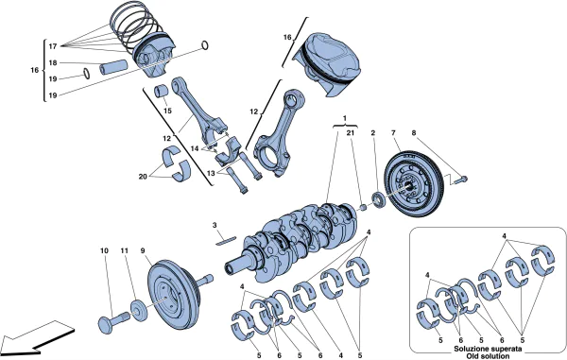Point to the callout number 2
tap(373, 134)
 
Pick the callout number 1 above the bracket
tap(345, 119)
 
